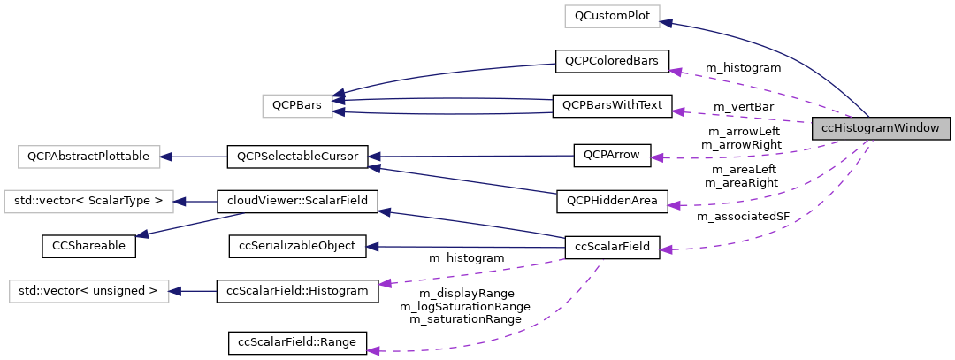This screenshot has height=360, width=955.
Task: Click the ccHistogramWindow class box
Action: point(881,129)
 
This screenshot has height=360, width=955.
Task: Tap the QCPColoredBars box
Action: point(611,61)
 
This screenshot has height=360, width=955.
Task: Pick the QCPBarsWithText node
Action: point(612,105)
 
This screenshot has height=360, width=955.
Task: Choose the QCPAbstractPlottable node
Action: point(88,157)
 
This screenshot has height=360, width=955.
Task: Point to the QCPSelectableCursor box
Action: point(296,157)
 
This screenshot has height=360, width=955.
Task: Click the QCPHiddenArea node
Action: point(612,202)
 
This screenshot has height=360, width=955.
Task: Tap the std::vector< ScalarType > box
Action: point(88,201)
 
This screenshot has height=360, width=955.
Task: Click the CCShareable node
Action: point(88,246)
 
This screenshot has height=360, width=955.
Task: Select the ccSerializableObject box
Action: point(297,246)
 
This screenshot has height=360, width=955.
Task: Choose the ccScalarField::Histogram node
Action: point(297,290)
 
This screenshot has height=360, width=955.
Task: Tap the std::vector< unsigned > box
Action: point(88,290)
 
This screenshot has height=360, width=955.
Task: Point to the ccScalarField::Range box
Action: point(297,342)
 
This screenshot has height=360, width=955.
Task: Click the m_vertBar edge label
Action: point(743,106)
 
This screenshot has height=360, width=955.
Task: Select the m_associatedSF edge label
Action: point(743,216)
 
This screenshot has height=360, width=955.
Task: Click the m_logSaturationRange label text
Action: point(465,306)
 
